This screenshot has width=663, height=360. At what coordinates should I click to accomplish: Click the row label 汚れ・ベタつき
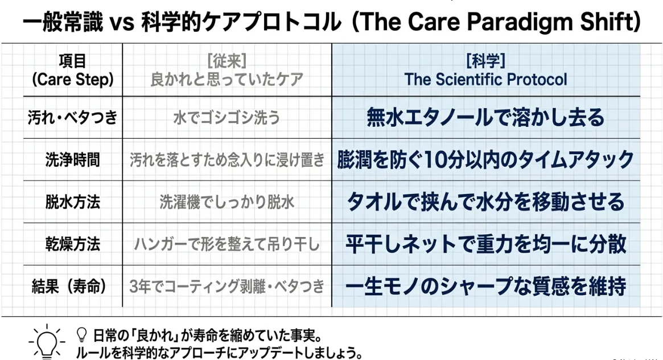[73, 118]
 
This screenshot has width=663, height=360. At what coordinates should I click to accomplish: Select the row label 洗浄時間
[73, 160]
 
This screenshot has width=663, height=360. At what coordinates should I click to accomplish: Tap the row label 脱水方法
[73, 202]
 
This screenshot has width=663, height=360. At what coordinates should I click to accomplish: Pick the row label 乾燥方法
[73, 244]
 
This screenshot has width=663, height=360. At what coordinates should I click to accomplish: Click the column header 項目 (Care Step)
[73, 70]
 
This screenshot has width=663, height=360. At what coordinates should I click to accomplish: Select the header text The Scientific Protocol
[485, 80]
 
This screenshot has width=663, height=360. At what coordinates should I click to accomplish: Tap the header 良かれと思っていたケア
[227, 80]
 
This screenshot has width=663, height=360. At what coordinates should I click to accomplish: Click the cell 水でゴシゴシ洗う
[227, 118]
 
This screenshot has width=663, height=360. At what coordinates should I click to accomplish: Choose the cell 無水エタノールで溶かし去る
[485, 117]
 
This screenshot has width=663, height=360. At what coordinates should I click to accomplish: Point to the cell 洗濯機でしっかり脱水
[227, 202]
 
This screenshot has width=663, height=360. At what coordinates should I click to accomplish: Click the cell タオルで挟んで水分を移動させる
[485, 201]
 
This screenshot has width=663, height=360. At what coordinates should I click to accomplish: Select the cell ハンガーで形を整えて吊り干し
[227, 244]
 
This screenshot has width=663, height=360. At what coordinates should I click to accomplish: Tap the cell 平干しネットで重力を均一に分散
[485, 244]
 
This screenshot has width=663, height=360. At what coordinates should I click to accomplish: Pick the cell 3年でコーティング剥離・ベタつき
[227, 287]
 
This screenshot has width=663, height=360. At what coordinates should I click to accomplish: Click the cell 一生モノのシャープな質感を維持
[485, 286]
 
